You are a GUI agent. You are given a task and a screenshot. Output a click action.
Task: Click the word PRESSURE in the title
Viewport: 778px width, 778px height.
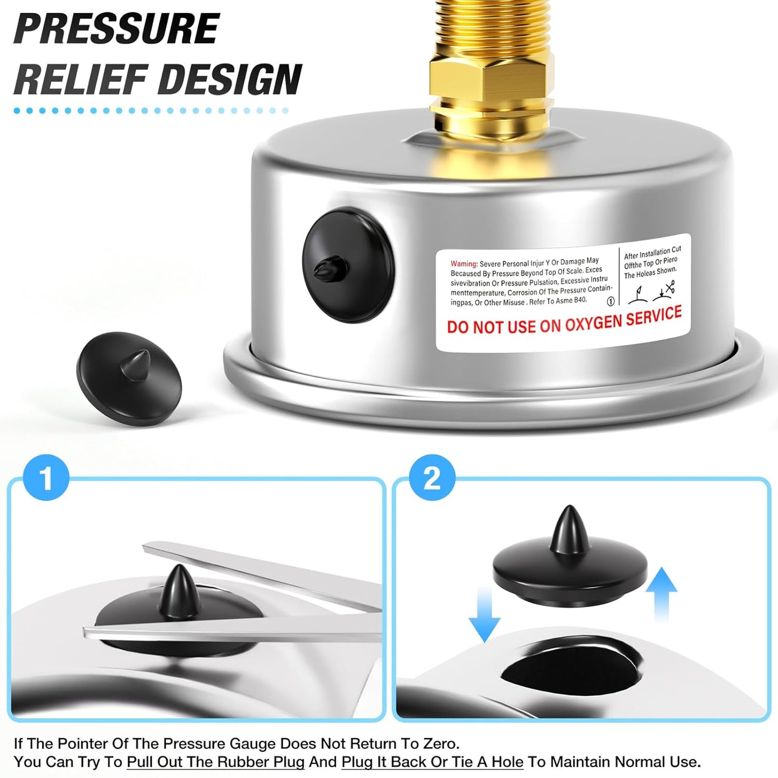(x=116, y=29)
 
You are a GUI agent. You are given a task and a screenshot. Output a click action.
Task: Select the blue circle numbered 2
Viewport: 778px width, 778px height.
(x=432, y=478)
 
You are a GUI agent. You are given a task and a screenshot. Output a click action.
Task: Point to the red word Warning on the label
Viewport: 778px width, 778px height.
(x=464, y=264)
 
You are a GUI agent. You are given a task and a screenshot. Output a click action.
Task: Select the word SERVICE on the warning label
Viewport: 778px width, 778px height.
(x=654, y=315)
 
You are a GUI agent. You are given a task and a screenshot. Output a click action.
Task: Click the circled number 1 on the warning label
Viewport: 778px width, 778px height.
(x=611, y=302)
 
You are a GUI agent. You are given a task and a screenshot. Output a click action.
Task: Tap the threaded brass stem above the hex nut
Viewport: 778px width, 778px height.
(x=491, y=27)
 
